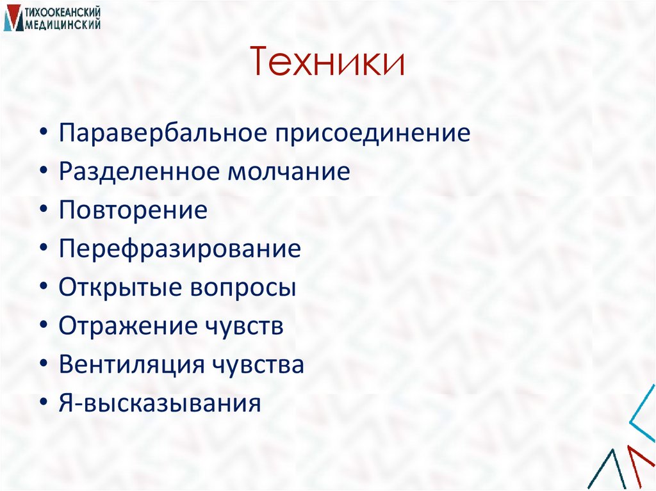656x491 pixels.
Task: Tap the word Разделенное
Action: [136, 173]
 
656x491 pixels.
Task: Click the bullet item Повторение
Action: [133, 211]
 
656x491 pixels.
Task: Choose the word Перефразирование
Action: [180, 250]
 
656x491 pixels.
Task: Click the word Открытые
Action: [118, 288]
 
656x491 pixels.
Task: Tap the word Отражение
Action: [127, 326]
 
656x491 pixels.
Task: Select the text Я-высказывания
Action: [160, 404]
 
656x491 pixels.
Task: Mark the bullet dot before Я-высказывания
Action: [42, 404]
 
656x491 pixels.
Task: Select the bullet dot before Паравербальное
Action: [42, 135]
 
